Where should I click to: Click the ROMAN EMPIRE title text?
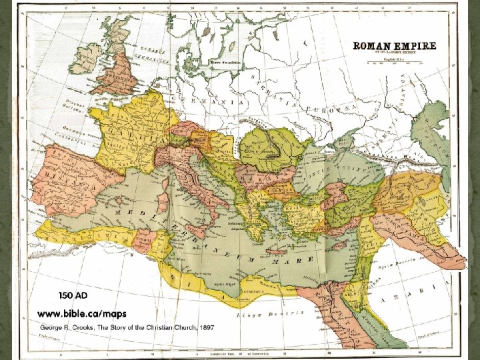click(x=394, y=46)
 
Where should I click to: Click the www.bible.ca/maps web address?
click(x=81, y=313)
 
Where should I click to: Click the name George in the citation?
click(x=55, y=329)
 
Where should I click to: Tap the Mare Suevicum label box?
click(x=225, y=61)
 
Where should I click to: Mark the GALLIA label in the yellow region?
click(x=143, y=130)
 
